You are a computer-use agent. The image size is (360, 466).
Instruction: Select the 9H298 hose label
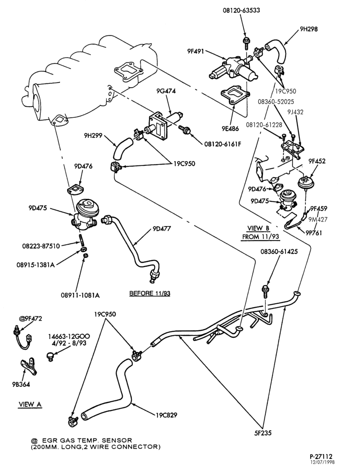pyautogui.click(x=309, y=29)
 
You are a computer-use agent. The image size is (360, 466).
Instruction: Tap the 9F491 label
pyautogui.click(x=195, y=51)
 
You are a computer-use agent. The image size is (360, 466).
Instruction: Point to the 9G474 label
pyautogui.click(x=166, y=91)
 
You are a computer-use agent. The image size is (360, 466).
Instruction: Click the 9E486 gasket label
pyautogui.click(x=230, y=129)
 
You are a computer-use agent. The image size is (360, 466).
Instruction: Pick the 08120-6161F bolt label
pyautogui.click(x=222, y=144)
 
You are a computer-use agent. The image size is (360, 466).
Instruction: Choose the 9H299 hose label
pyautogui.click(x=93, y=136)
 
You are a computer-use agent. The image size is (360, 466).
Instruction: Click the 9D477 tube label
pyautogui.click(x=162, y=228)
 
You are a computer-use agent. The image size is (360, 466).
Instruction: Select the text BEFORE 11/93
pyautogui.click(x=150, y=293)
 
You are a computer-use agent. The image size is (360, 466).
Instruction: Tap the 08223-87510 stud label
pyautogui.click(x=41, y=246)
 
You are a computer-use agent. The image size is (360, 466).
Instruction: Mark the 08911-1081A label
pyautogui.click(x=80, y=295)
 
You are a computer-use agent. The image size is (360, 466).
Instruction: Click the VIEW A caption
pyautogui.click(x=30, y=404)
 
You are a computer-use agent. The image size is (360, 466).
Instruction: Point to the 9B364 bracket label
pyautogui.click(x=21, y=384)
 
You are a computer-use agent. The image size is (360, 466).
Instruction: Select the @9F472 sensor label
pyautogui.click(x=31, y=319)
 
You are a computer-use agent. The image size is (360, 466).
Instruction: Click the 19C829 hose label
pyautogui.click(x=166, y=415)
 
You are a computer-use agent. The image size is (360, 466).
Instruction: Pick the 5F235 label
pyautogui.click(x=263, y=433)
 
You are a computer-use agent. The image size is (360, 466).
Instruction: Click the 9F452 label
pyautogui.click(x=317, y=161)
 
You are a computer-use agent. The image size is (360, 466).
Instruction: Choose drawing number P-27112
pyautogui.click(x=321, y=456)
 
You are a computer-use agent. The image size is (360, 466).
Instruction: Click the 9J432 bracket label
pyautogui.click(x=295, y=112)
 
